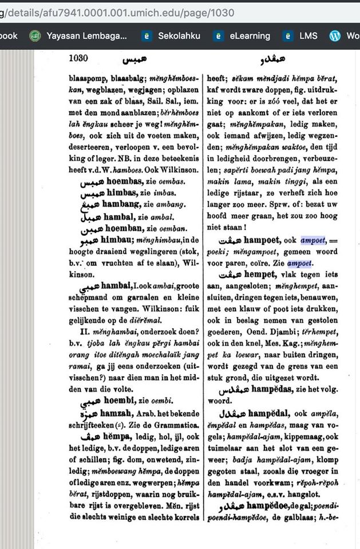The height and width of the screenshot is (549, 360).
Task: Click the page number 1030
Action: (79, 58)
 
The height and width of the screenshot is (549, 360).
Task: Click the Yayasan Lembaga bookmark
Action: (86, 35)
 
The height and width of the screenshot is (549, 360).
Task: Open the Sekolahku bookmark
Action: (180, 35)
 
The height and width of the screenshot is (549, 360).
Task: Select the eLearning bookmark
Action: (250, 35)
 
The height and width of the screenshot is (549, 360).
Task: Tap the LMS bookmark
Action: (308, 35)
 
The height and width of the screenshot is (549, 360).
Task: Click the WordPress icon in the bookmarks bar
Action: (335, 35)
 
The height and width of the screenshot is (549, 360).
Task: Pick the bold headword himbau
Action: (117, 241)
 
